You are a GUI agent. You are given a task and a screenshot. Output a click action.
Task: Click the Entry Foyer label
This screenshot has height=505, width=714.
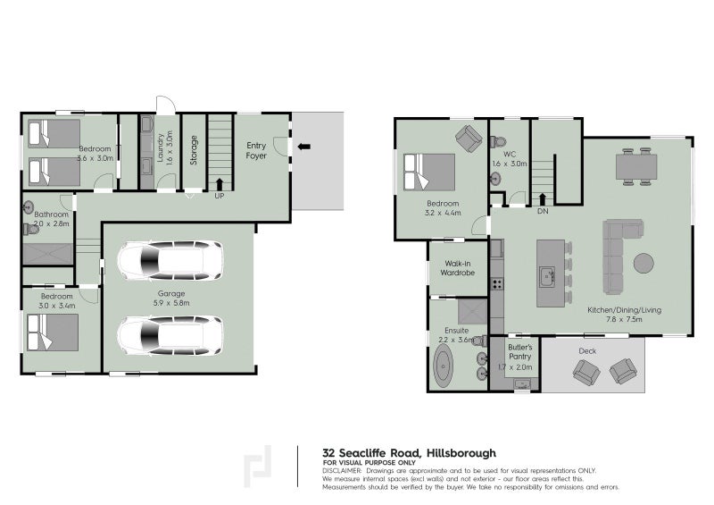pyautogui.click(x=256, y=151)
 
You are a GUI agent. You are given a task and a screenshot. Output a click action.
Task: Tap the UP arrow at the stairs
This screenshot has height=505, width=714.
pyautogui.click(x=220, y=185)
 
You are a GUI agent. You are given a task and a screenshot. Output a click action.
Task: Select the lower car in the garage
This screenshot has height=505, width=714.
pyautogui.click(x=170, y=335)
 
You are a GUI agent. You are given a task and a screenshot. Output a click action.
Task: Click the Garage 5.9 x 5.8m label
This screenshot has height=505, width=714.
pyautogui.click(x=171, y=299)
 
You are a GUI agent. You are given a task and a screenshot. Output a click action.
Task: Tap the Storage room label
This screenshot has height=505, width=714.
pyautogui.click(x=194, y=151)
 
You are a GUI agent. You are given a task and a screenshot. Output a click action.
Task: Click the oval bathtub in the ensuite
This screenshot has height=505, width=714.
pyautogui.click(x=444, y=368)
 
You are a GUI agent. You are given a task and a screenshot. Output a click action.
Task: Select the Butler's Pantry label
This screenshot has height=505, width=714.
pyautogui.click(x=520, y=356)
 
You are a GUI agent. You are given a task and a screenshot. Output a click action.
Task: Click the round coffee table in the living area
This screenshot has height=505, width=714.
pyautogui.click(x=643, y=263)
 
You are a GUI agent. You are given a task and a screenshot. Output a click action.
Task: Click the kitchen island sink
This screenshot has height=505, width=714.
pyautogui.click(x=545, y=276)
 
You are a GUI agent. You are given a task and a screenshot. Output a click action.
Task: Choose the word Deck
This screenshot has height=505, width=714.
pyautogui.click(x=586, y=350)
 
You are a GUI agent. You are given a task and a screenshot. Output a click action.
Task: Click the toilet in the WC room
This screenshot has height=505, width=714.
pyautogui.click(x=498, y=143)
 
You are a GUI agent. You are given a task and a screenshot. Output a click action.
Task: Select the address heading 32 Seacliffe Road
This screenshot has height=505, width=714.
pyautogui.click(x=409, y=453)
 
